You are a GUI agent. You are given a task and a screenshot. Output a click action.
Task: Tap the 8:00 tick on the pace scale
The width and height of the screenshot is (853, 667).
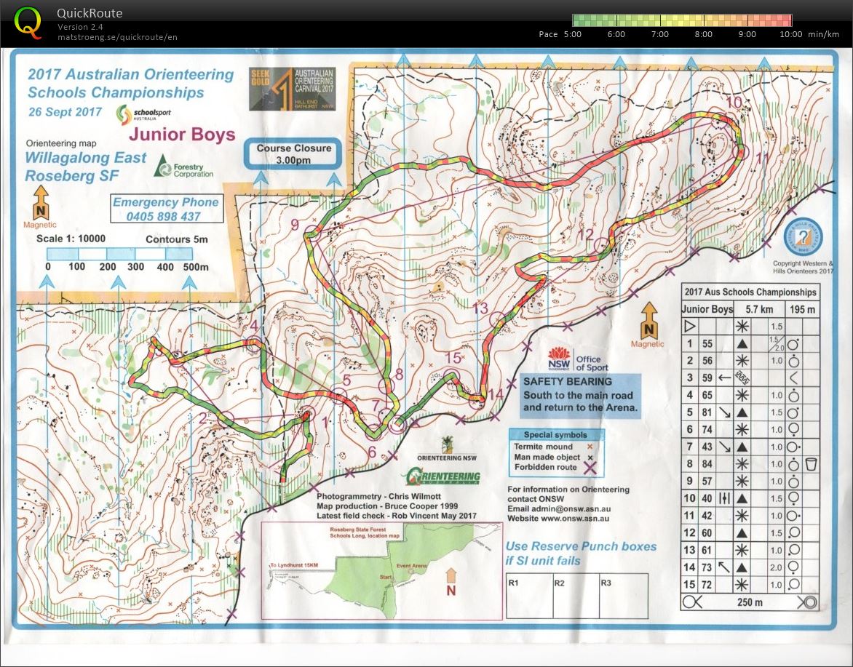click(x=703, y=34)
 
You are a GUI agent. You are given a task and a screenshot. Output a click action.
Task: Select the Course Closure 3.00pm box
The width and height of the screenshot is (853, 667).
click(x=293, y=153)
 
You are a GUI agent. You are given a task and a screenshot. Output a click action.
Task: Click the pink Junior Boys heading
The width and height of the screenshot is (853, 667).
click(x=182, y=135)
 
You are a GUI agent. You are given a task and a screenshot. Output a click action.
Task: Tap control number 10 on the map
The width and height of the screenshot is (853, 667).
click(x=734, y=102)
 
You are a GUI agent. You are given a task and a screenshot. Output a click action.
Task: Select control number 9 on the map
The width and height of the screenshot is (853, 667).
click(x=295, y=225)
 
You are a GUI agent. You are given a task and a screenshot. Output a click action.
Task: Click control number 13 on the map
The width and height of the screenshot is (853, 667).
click(x=480, y=308)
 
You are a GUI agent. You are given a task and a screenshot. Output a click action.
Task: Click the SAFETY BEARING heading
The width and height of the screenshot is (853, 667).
click(x=567, y=381)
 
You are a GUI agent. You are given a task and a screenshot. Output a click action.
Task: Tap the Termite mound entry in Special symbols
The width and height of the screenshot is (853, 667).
click(x=544, y=447)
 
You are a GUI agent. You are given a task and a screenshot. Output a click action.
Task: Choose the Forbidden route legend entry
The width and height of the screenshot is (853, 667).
click(x=545, y=467)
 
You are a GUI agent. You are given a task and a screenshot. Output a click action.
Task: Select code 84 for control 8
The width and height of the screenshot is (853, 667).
click(x=706, y=463)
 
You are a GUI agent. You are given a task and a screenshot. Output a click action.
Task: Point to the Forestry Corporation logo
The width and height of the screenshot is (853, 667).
click(x=183, y=169)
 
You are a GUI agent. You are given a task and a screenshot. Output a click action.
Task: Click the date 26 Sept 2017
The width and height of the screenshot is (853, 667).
click(x=65, y=112)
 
